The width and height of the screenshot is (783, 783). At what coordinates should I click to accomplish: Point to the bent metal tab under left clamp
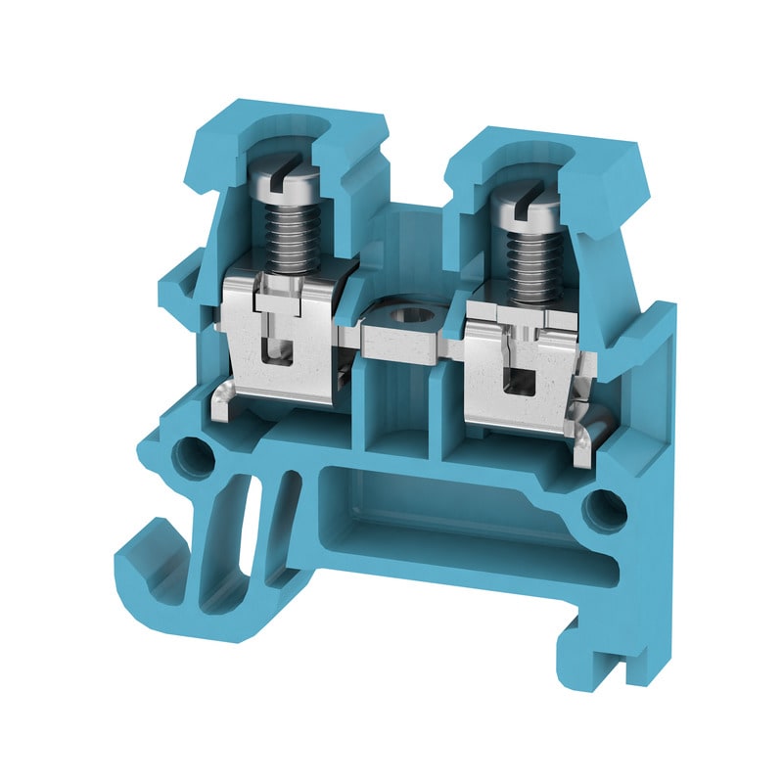(223, 401)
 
